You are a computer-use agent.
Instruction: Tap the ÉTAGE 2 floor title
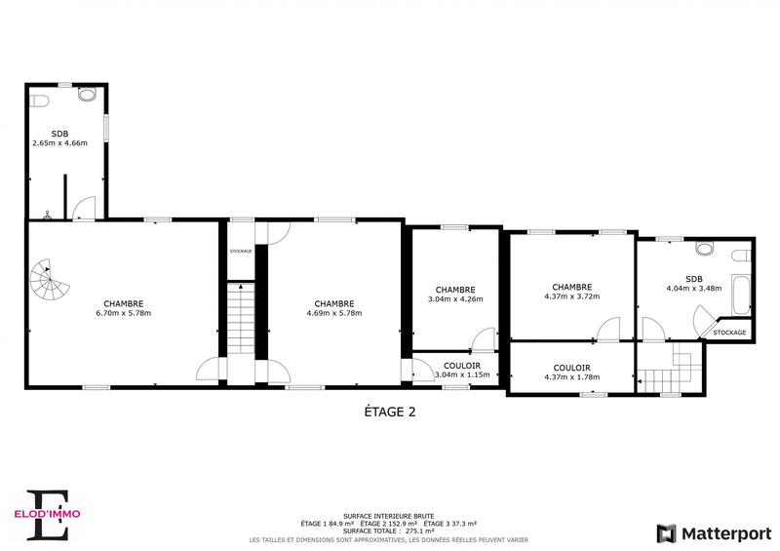[383, 412]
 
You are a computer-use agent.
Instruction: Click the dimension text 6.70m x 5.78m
[123, 313]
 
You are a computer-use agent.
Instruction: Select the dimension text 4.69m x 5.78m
[333, 313]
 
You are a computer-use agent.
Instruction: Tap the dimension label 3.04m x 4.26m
[455, 299]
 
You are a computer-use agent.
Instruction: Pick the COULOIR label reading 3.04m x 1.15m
[455, 374]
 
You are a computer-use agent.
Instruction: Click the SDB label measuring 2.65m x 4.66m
[59, 143]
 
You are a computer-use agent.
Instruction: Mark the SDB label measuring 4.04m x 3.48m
[693, 288]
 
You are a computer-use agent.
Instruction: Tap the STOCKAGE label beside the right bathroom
[729, 333]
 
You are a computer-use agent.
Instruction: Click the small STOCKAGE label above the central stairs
[241, 252]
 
